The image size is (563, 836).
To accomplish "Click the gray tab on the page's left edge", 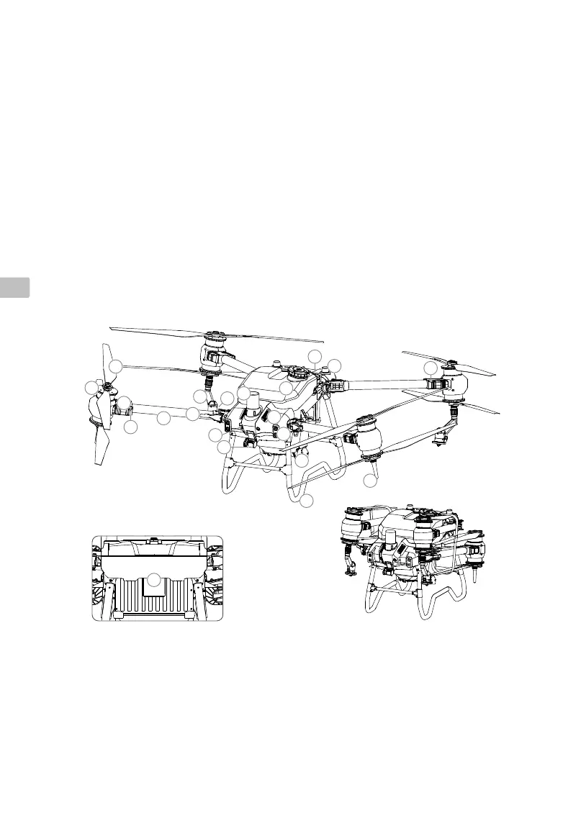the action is click(x=14, y=286).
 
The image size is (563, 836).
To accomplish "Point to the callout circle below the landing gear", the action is click(x=307, y=501).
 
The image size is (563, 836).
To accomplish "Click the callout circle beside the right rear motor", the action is click(x=431, y=368).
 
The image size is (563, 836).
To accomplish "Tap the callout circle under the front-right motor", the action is click(x=370, y=480).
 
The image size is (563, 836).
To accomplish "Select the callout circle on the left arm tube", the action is click(x=164, y=418).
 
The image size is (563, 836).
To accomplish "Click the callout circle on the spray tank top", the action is click(x=286, y=389).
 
